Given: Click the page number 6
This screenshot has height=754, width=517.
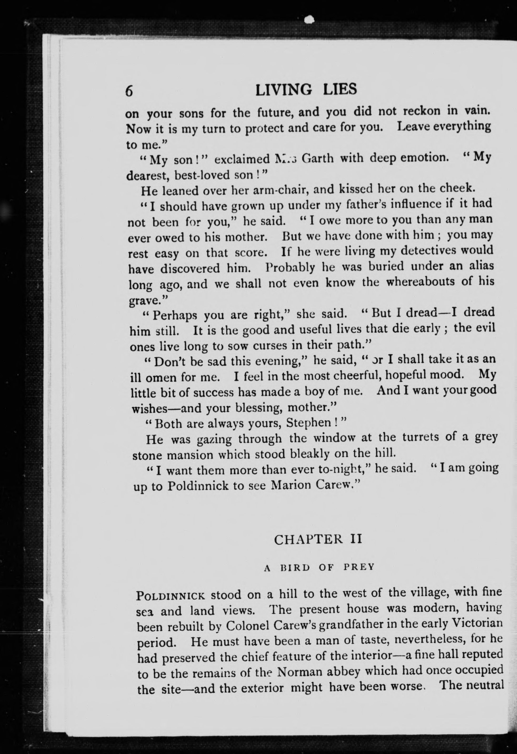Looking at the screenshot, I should click(129, 91).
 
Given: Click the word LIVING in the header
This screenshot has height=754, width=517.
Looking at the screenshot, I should click(284, 90).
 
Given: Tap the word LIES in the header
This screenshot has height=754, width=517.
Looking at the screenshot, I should click(340, 89).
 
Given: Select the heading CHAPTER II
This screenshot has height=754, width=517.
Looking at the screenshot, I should click(318, 539).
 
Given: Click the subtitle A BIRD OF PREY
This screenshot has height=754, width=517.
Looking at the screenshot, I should click(319, 567).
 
